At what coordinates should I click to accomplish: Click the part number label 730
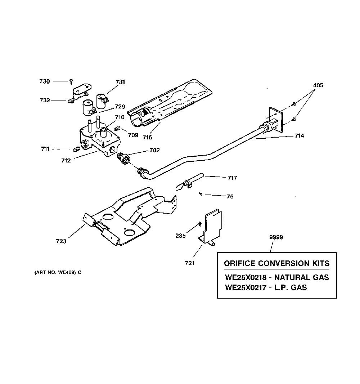[x=45, y=81]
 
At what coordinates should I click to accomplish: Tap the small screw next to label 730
[x=71, y=82]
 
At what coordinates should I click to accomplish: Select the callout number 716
[x=148, y=137]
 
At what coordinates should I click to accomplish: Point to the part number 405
[x=318, y=85]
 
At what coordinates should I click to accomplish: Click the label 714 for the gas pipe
[x=299, y=135]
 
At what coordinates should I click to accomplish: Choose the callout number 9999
[x=276, y=237]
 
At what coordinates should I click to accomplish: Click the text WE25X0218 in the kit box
[x=246, y=277]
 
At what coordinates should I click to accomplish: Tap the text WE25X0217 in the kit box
[x=246, y=287]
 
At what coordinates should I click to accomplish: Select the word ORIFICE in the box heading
[x=240, y=263]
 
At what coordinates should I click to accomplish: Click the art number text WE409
[x=66, y=272]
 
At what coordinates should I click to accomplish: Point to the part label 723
[x=61, y=241]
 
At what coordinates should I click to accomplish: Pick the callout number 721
[x=189, y=263]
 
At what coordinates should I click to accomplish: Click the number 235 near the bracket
[x=181, y=236]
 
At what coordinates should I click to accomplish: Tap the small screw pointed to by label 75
[x=201, y=194]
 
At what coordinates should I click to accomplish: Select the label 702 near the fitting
[x=155, y=150]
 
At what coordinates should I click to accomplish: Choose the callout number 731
[x=120, y=82]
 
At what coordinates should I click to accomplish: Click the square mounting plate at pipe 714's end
[x=276, y=119]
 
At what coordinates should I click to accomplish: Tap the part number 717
[x=232, y=178]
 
